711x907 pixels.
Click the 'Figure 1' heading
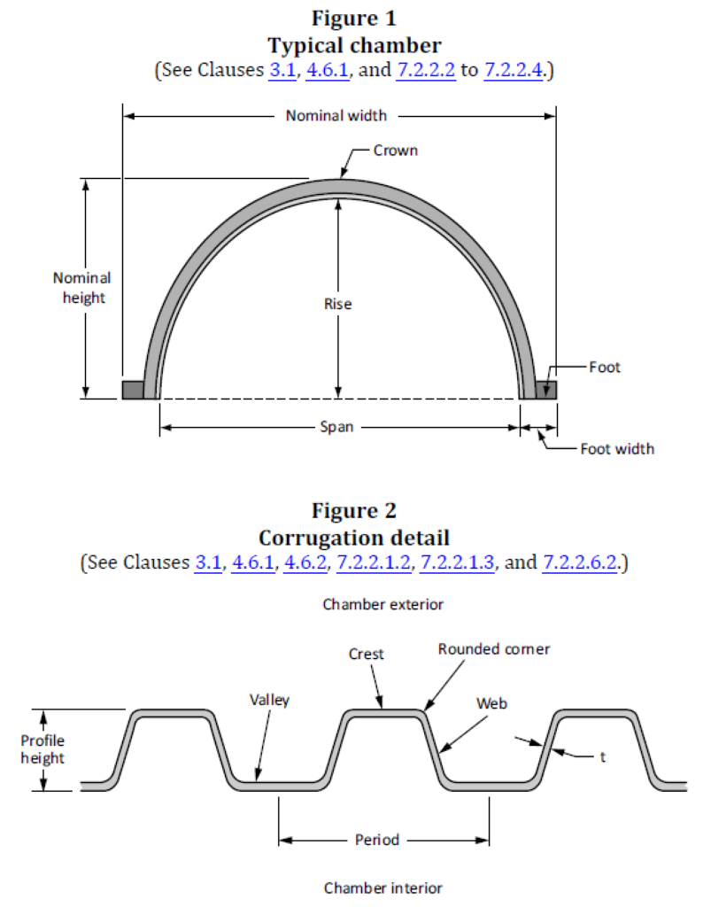354,18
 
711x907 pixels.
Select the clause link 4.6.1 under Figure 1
328,70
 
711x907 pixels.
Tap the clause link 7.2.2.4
514,70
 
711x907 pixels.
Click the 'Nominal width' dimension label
336,116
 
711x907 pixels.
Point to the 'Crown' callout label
396,151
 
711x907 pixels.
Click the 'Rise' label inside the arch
338,305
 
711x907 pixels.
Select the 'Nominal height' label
82,288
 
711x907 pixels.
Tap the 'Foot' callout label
605,368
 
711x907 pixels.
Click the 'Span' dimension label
336,427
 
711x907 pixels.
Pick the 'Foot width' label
617,449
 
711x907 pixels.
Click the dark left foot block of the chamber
133,390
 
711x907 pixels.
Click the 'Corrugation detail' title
354,538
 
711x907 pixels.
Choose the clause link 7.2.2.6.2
580,562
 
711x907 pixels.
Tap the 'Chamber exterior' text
383,604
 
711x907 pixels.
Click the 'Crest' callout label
366,655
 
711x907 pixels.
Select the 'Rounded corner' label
494,649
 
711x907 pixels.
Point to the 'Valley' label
269,701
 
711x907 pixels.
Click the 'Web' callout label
491,704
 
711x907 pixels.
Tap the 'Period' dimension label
377,840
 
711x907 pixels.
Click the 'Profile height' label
43,749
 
